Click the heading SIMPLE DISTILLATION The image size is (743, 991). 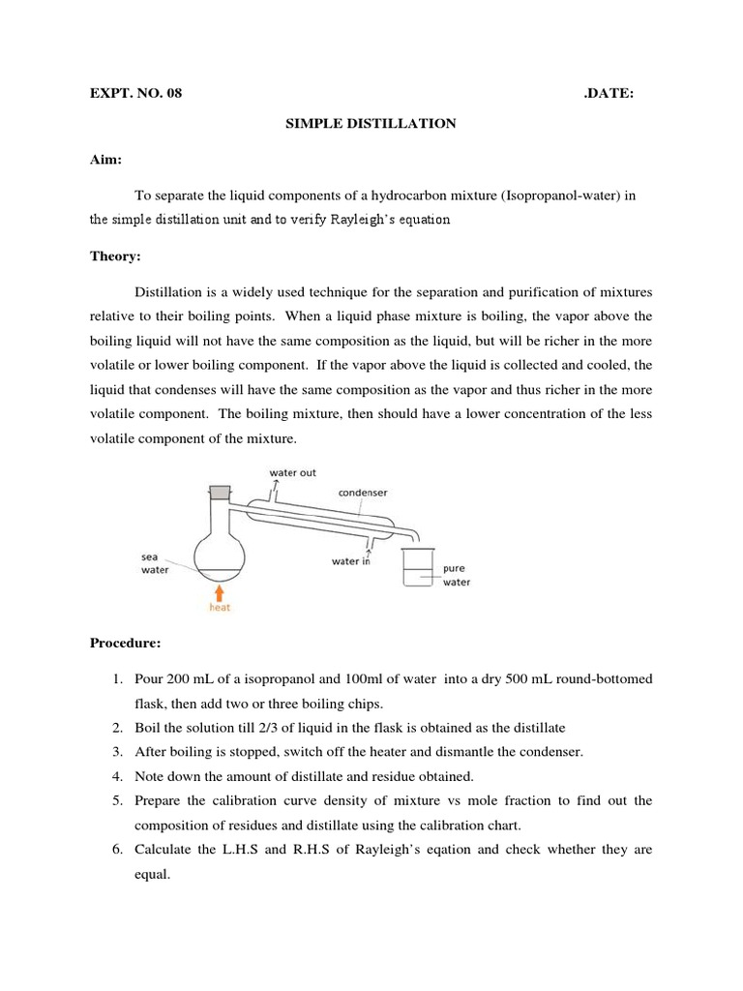click(x=369, y=124)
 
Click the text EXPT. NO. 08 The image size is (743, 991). click(x=135, y=93)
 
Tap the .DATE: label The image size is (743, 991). click(x=609, y=93)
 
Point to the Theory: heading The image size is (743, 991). click(x=115, y=256)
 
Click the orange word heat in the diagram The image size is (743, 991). click(x=221, y=608)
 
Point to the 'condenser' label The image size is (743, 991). click(x=362, y=492)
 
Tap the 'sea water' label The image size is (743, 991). click(x=155, y=564)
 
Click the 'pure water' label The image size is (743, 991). click(x=456, y=575)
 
